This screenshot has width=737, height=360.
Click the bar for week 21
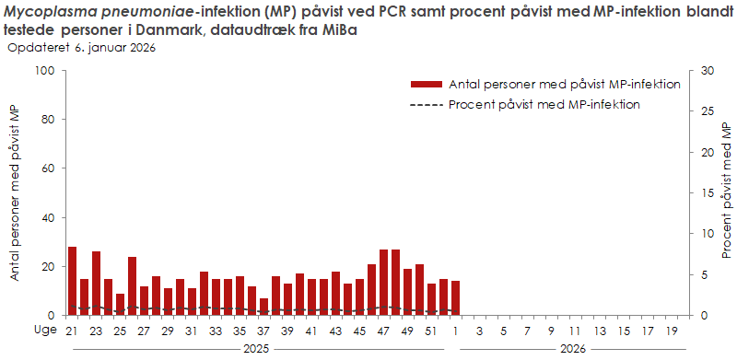click(72, 281)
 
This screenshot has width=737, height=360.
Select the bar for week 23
click(96, 283)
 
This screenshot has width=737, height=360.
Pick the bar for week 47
click(383, 282)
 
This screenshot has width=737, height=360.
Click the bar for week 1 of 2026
click(455, 297)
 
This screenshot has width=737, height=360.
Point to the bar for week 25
click(120, 304)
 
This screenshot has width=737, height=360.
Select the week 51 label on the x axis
click(431, 331)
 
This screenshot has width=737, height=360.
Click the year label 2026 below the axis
click(573, 349)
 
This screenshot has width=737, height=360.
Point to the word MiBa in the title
click(335, 29)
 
